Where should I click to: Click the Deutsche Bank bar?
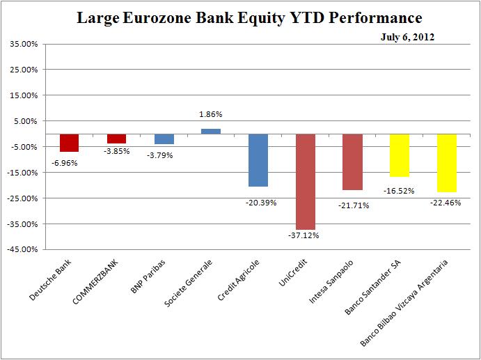coord(69,143)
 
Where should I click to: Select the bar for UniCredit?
coord(305,181)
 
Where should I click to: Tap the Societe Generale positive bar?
coord(211,131)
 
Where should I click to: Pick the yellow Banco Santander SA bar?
coord(399,155)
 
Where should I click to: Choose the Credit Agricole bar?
coord(258,160)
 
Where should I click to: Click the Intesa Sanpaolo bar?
coord(352,162)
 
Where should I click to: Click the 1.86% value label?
coord(211,114)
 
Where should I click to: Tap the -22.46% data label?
coord(446,203)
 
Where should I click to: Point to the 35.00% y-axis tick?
coord(24,44)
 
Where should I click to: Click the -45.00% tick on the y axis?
coord(22,249)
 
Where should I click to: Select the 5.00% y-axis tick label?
coord(26,121)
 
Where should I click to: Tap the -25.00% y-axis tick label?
coord(22,198)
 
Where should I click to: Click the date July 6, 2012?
coord(407,37)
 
